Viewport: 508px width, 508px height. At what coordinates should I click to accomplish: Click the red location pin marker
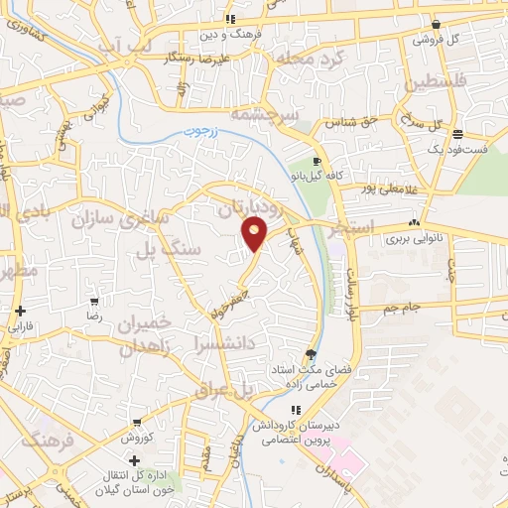pyautogui.click(x=255, y=235)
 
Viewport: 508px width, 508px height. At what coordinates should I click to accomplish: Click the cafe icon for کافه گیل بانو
pyautogui.click(x=317, y=161)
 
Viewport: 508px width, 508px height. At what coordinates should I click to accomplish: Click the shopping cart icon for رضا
pyautogui.click(x=93, y=301)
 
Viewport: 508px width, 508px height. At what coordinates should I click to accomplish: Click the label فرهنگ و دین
pyautogui.click(x=229, y=33)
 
